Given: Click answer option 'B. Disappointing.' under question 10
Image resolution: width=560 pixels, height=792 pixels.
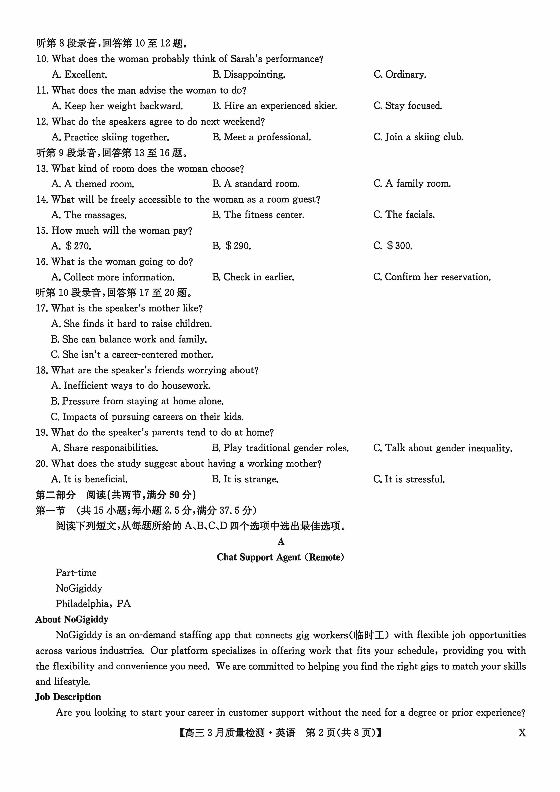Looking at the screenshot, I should click(x=249, y=74).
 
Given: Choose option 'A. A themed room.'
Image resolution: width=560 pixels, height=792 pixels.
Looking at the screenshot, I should click(x=93, y=184).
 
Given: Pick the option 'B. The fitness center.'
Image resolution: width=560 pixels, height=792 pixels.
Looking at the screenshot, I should click(x=258, y=215).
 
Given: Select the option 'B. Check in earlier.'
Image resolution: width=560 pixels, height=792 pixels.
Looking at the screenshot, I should click(x=253, y=277).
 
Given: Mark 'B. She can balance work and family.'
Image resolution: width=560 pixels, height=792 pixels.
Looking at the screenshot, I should click(x=129, y=339).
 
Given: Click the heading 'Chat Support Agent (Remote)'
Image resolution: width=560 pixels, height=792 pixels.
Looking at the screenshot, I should click(x=280, y=557).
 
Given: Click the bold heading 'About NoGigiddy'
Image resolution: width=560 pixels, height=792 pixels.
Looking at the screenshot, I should click(x=72, y=619).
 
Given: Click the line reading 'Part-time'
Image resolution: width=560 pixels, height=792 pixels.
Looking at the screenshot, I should click(x=76, y=573).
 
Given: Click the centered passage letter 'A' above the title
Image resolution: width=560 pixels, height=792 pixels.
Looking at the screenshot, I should click(x=281, y=542).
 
